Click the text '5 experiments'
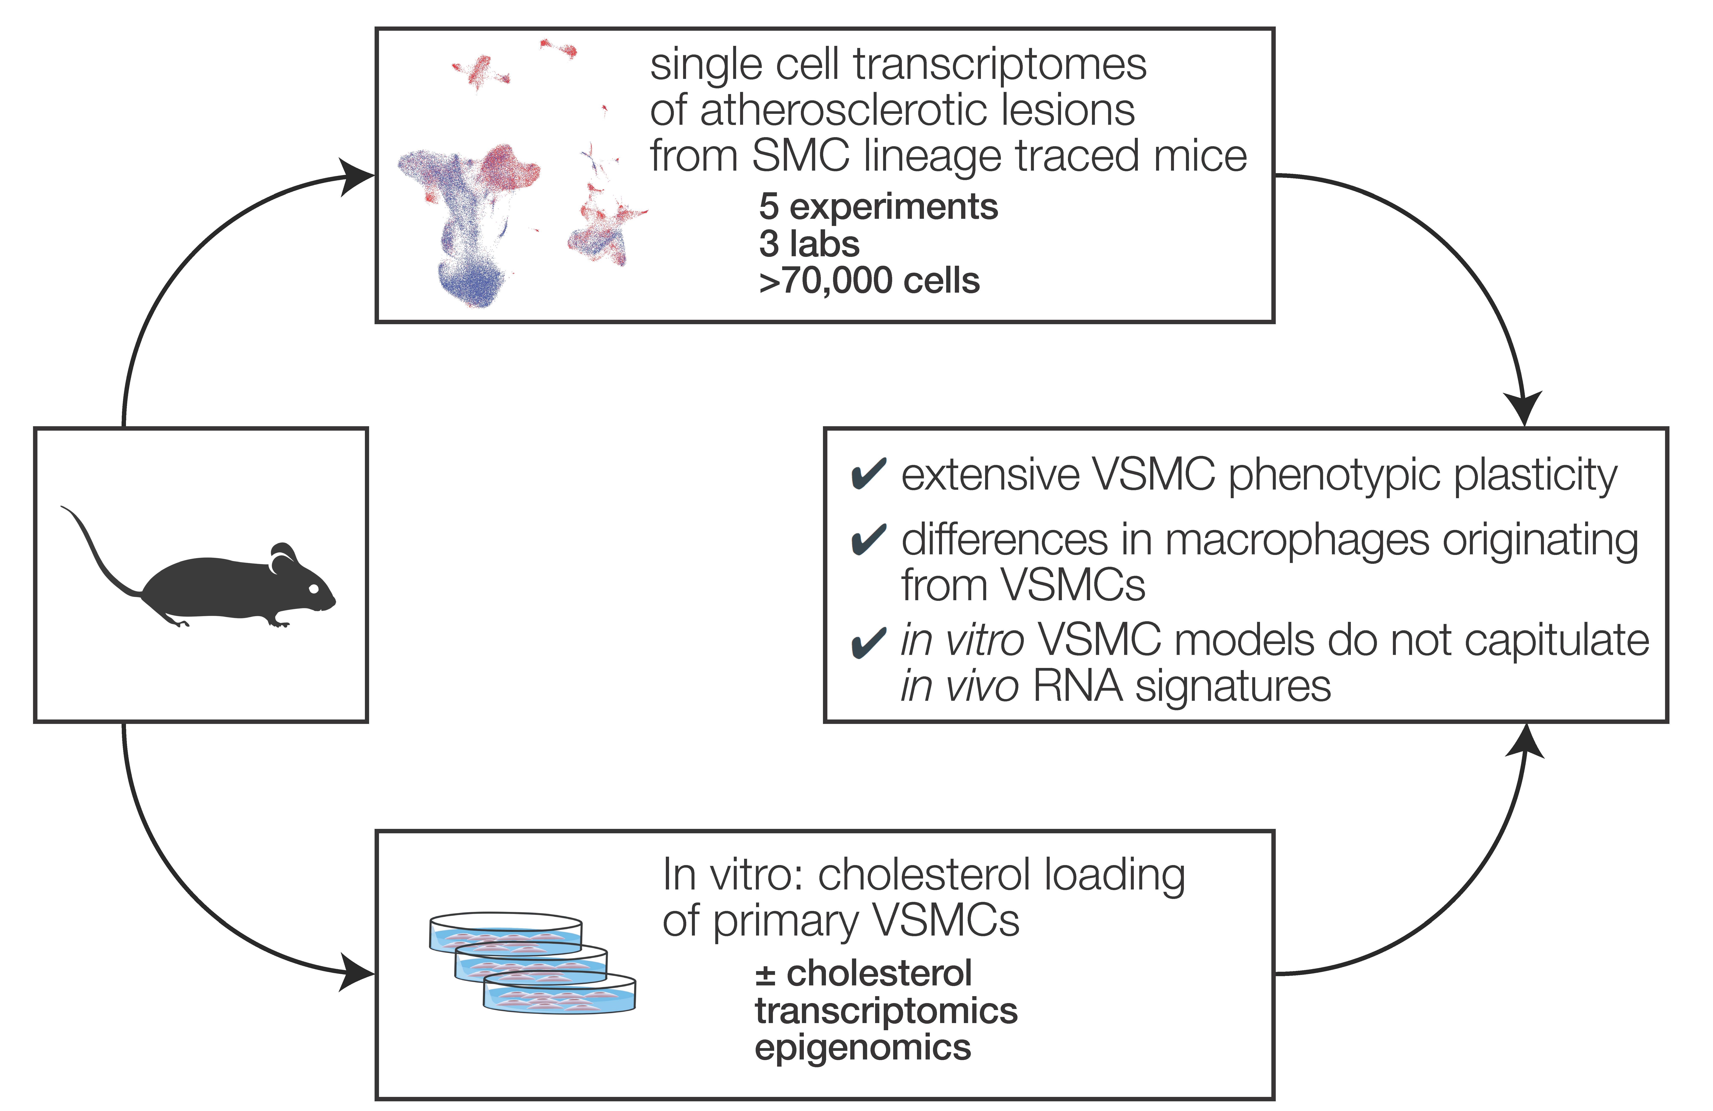(x=878, y=207)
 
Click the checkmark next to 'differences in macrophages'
(x=869, y=540)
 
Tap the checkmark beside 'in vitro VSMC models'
(x=869, y=642)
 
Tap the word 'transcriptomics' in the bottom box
(x=886, y=1011)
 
